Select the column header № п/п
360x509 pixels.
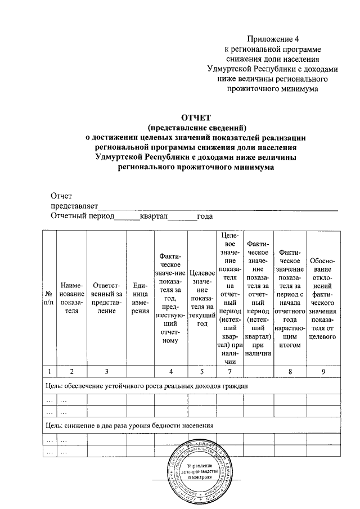point(48,298)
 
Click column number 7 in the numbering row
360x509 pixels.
point(228,371)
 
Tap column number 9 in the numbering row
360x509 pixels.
point(323,371)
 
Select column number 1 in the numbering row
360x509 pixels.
point(48,371)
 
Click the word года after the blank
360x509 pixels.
point(204,216)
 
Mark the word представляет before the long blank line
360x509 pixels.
point(74,206)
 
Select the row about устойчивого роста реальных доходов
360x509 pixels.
point(146,386)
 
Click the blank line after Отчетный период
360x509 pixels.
point(128,218)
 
